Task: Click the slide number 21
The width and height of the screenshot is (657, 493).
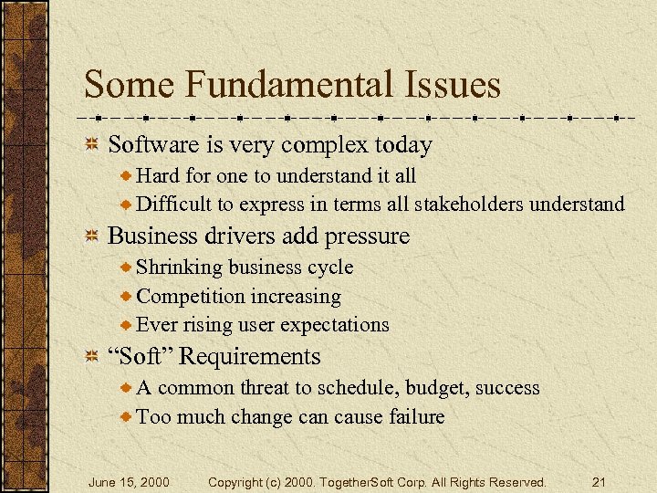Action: [600, 481]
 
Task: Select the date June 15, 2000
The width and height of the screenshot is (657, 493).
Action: [128, 481]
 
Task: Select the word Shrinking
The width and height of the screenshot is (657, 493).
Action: [179, 267]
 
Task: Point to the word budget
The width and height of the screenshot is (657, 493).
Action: [434, 388]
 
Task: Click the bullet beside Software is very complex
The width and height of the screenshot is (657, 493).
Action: [91, 145]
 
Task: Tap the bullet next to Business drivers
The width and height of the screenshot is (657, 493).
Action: [91, 236]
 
